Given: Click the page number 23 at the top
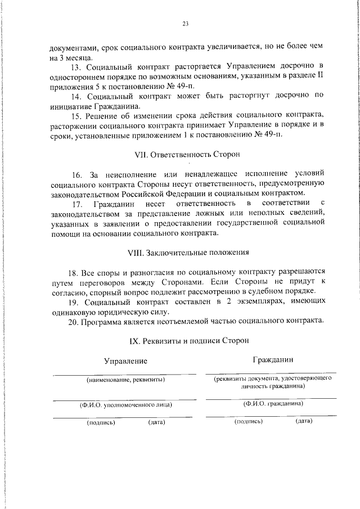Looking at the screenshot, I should click(184, 23).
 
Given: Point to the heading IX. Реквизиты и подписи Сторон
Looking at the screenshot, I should click(189, 340).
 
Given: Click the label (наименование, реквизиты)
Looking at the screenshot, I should click(125, 380).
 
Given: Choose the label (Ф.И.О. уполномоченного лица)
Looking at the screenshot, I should click(125, 404).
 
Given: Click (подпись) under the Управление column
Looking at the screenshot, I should click(101, 422).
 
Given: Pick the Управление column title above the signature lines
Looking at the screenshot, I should click(125, 361).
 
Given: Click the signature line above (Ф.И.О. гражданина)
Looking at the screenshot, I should click(271, 399).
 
